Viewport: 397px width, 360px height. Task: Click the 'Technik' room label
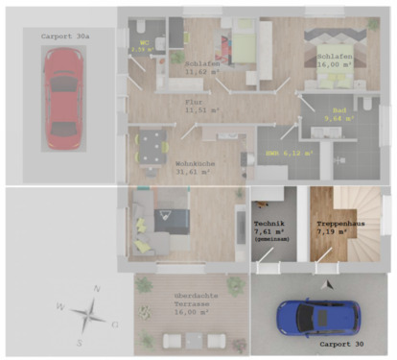[270, 223]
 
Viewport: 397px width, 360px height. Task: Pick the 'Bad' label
[339, 110]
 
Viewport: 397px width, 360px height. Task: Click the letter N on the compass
[96, 288]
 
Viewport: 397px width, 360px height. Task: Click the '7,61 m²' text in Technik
[269, 231]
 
